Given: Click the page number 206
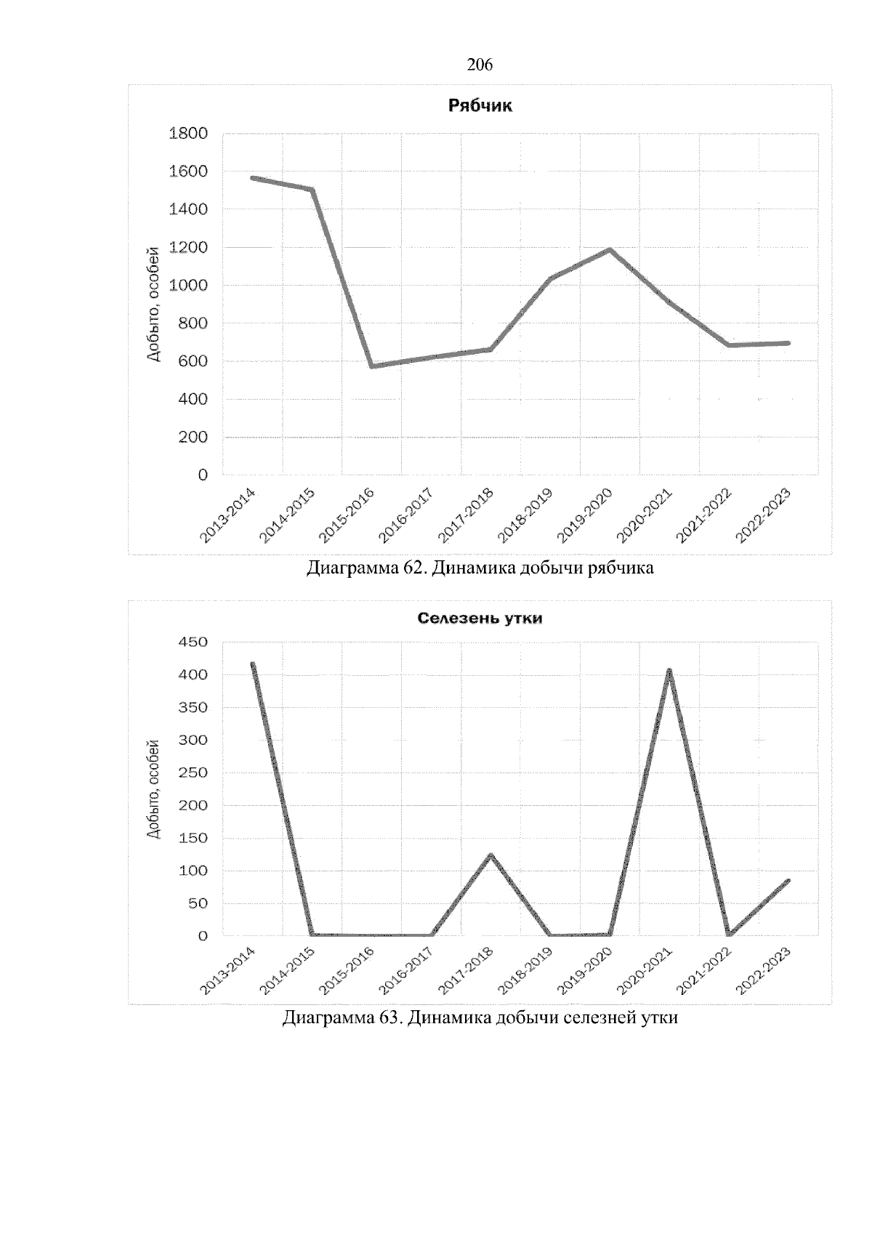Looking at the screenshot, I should [x=480, y=65].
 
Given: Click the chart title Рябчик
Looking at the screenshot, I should [x=480, y=106].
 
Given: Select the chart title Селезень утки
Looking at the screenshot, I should [x=480, y=619].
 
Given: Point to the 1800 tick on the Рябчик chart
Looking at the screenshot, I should [x=188, y=134].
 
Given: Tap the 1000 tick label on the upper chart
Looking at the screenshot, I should [x=188, y=286].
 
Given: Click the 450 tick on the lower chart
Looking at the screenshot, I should [x=193, y=642].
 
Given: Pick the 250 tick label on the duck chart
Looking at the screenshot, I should [x=193, y=773].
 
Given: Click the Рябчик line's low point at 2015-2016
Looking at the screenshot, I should [x=372, y=366].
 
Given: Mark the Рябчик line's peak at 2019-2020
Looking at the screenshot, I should [x=610, y=250].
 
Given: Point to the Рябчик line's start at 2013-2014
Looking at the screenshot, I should [x=253, y=177].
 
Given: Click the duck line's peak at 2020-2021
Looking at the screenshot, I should [x=669, y=671].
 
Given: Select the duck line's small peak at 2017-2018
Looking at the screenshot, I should [x=491, y=855].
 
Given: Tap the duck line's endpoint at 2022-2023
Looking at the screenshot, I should [x=788, y=881].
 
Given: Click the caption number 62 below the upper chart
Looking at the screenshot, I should [x=412, y=568].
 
